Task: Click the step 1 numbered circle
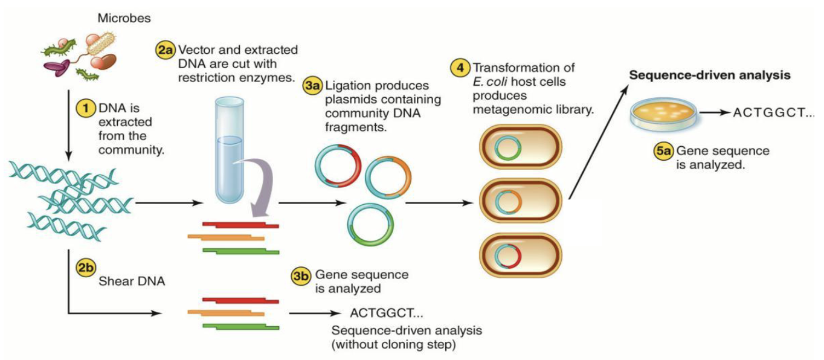coord(85,109)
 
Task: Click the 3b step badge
coord(301,277)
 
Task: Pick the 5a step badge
coord(664,151)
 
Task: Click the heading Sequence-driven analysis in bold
coord(710,76)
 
